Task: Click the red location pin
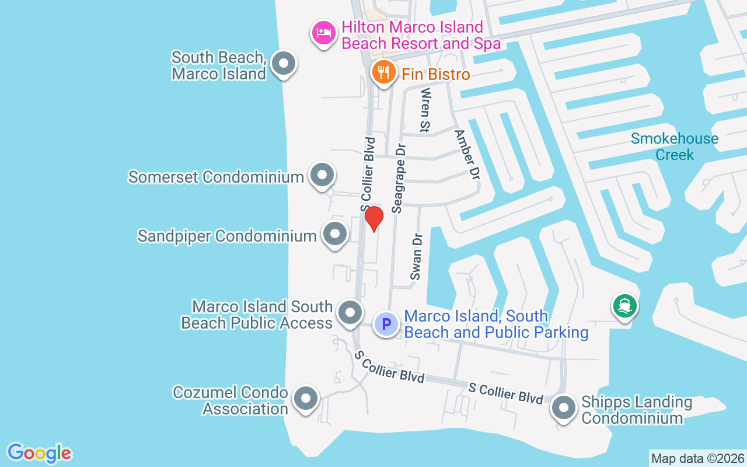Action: (374, 218)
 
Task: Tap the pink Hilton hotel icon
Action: (323, 33)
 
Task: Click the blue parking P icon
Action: (386, 323)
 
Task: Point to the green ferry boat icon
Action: (624, 306)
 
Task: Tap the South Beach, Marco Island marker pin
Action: (284, 64)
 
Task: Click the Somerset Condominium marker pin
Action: (322, 175)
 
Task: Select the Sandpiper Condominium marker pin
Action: (335, 235)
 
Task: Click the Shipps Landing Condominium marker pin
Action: (564, 408)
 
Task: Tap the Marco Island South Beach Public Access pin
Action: (350, 312)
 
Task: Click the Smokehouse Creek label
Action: (675, 147)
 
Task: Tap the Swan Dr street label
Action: (416, 256)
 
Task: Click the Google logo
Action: (39, 453)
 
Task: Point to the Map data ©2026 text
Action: (697, 458)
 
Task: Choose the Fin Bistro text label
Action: (436, 74)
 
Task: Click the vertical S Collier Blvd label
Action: (367, 174)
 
